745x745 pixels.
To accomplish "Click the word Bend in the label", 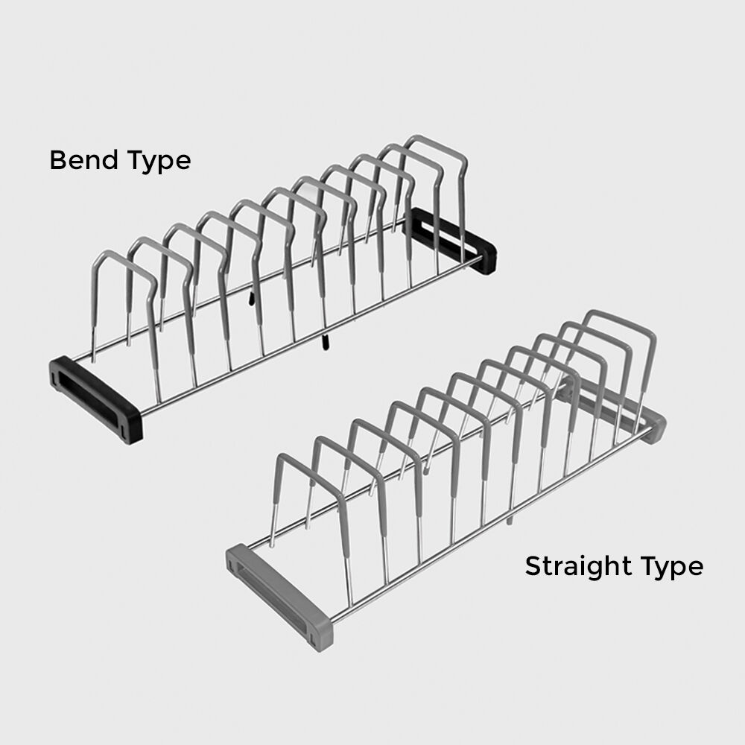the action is click(x=83, y=160).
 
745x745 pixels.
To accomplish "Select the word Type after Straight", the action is click(x=671, y=568).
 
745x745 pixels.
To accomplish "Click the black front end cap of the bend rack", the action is click(x=95, y=399).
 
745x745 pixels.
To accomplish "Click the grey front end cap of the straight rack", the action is click(x=279, y=597).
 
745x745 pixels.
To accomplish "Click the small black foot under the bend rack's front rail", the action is click(x=325, y=343).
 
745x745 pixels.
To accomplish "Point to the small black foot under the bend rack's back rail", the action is click(x=251, y=298).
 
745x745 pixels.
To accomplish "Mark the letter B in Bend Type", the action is click(x=58, y=160).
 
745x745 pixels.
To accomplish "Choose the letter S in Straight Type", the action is click(x=533, y=566).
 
